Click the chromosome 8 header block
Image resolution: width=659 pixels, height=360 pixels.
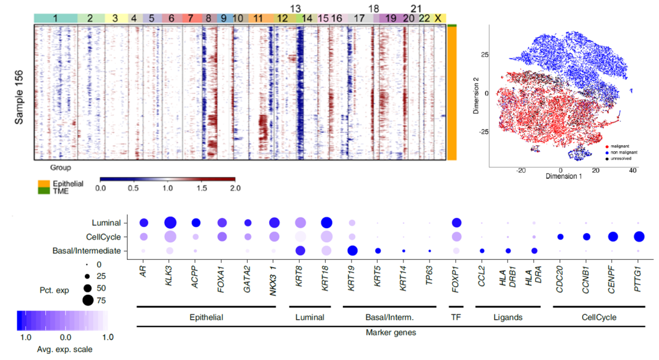point(209,19)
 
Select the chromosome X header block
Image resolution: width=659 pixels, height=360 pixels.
point(438,19)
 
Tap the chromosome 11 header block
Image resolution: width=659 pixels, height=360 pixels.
point(259,19)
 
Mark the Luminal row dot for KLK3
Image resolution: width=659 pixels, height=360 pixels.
point(170,223)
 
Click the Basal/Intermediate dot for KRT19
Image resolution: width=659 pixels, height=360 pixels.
point(351,251)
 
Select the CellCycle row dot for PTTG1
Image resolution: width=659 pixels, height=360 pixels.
point(639,237)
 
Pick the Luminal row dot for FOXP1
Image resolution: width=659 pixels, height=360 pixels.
point(456,223)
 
